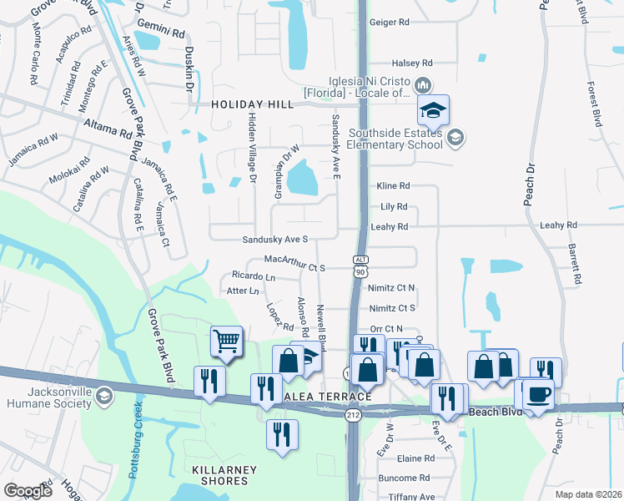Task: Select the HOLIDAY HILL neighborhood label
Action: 252,104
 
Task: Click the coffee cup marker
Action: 538,393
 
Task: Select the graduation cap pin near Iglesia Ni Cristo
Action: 433,110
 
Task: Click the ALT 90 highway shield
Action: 360,266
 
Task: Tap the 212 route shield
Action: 355,416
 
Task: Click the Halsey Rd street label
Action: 413,63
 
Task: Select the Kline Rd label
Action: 393,185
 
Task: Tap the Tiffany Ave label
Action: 415,497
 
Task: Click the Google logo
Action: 28,491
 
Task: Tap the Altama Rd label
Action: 108,128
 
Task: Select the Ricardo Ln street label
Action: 253,276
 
